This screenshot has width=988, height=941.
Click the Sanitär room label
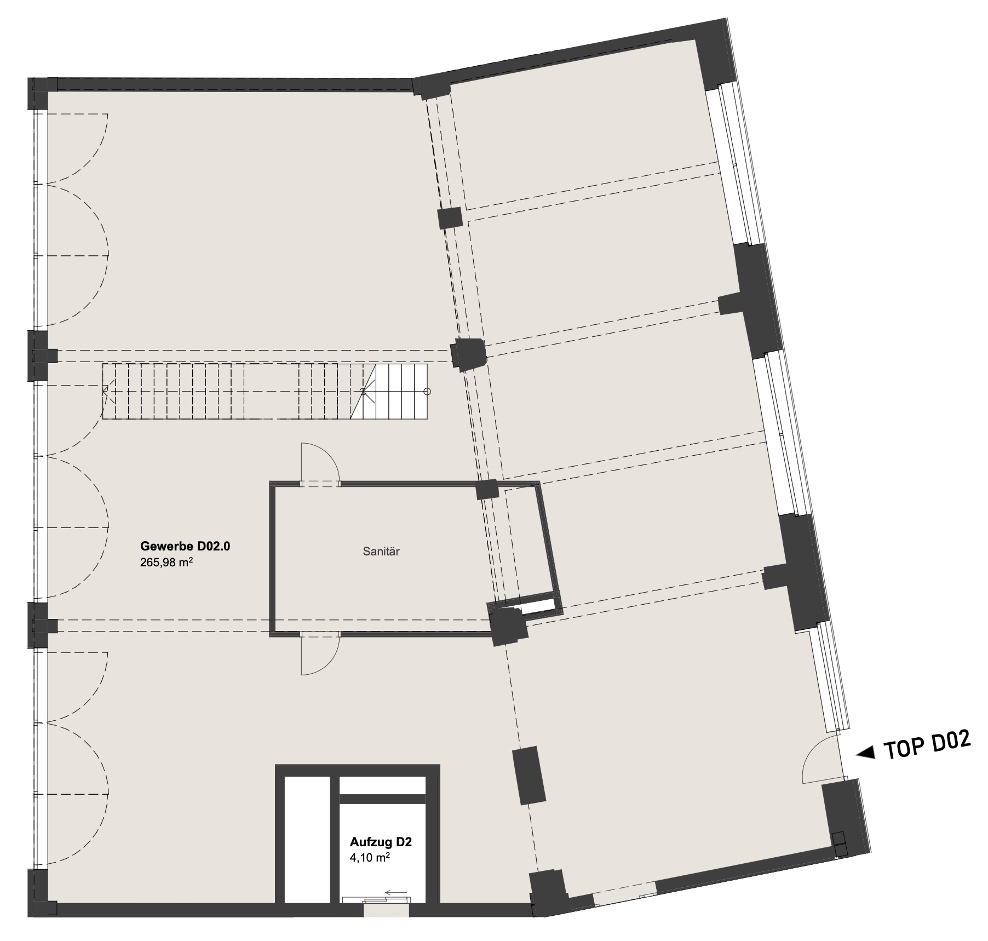381,552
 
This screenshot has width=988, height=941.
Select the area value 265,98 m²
166,562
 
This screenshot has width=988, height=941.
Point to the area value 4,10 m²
370,858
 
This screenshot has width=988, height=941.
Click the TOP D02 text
928,745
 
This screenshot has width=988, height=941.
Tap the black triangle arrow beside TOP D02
865,754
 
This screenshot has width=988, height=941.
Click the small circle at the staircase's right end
428,392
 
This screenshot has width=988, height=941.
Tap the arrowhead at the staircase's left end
105,391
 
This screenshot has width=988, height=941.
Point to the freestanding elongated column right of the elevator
529,776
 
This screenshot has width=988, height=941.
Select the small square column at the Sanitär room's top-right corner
487,489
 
